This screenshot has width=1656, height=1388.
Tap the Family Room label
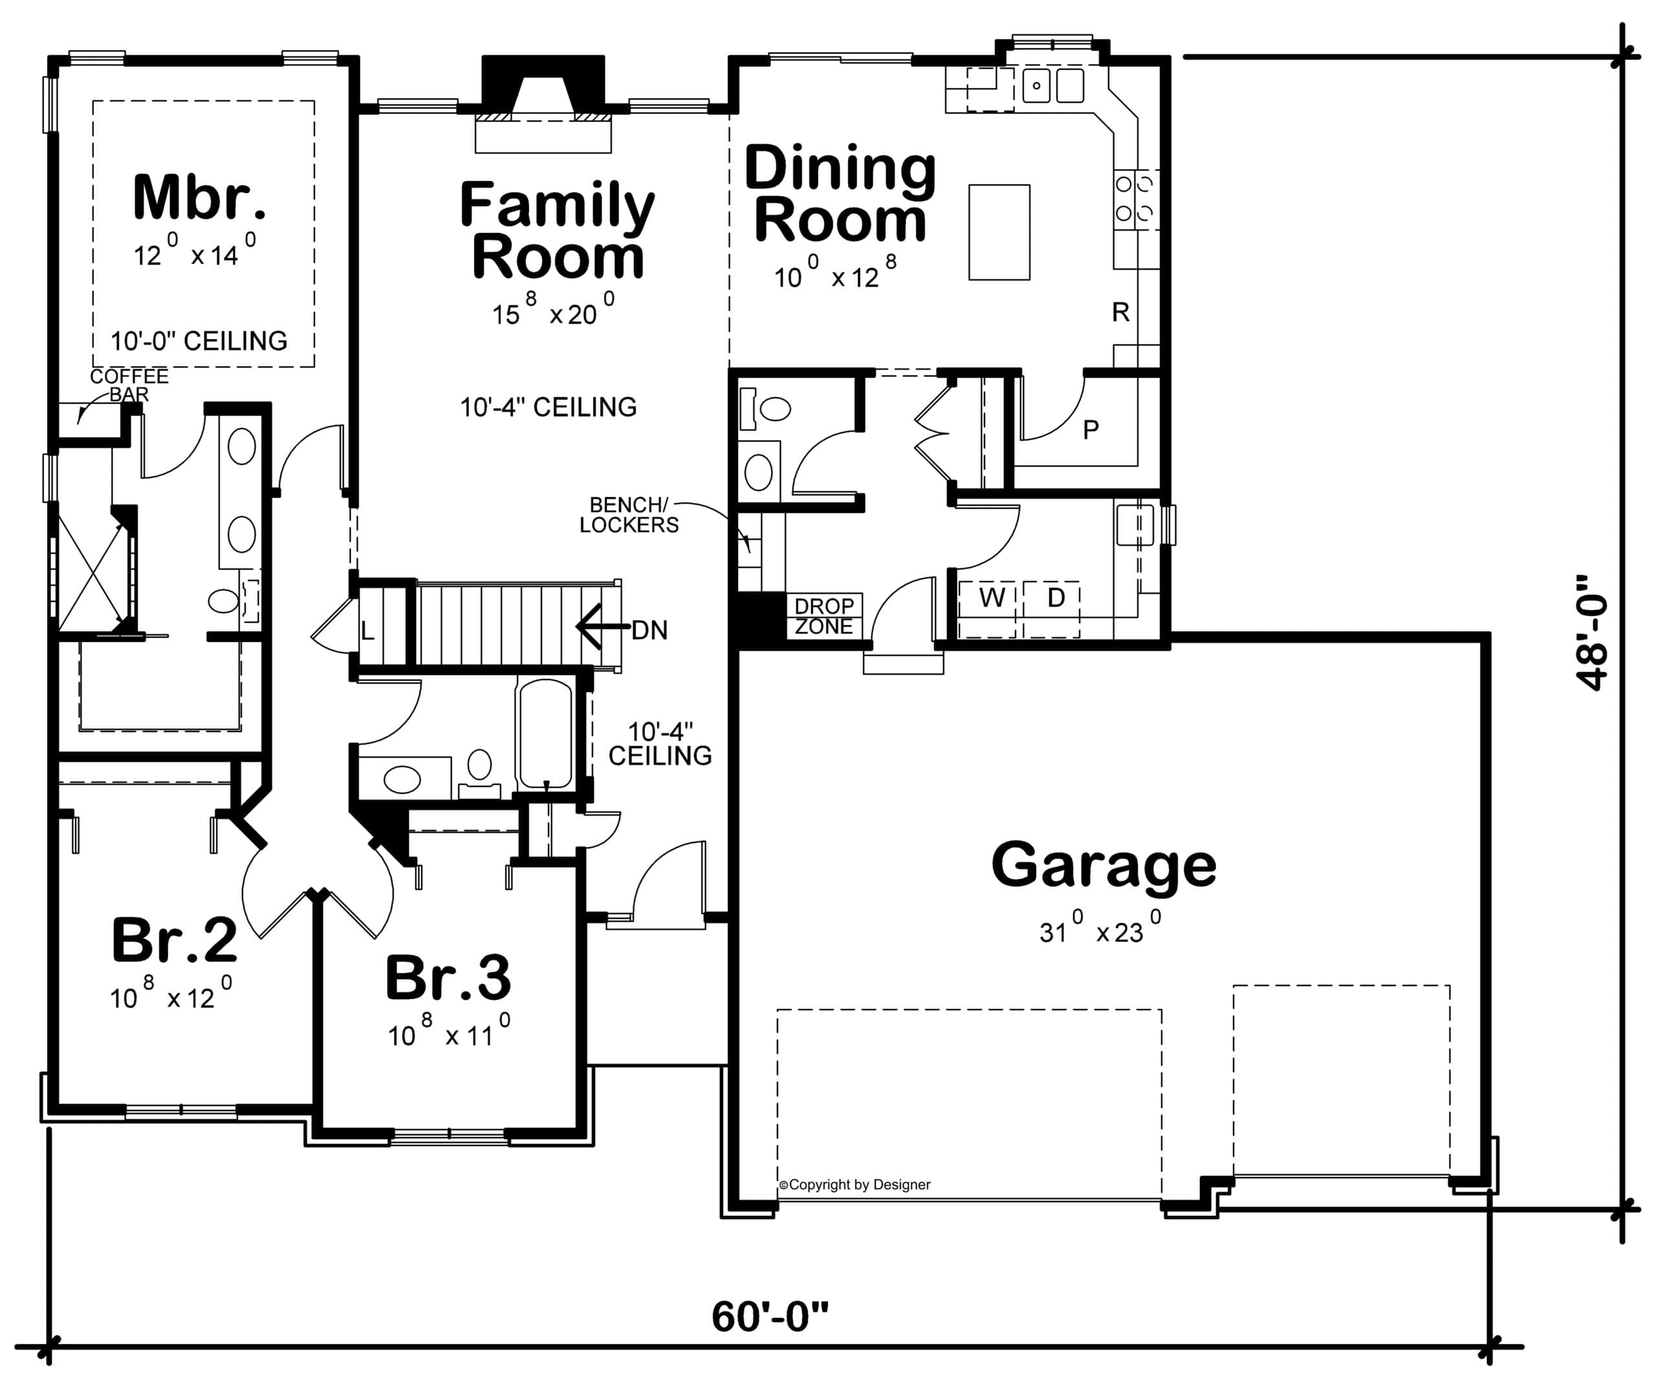[558, 230]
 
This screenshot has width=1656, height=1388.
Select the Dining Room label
[841, 194]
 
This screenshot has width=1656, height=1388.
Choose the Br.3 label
[448, 978]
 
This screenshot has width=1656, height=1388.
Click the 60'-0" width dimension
[770, 1316]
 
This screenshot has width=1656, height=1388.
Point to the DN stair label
[649, 630]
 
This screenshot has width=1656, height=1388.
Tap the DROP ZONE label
[824, 616]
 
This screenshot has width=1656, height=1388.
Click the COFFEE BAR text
[129, 385]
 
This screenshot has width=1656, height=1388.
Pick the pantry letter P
[1091, 430]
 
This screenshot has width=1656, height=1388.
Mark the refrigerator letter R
[1120, 313]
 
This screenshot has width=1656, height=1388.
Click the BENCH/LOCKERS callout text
[629, 514]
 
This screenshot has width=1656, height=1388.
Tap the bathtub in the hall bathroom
[544, 733]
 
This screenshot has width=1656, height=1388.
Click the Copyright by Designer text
[855, 1185]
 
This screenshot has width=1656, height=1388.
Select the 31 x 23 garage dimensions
[1099, 927]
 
